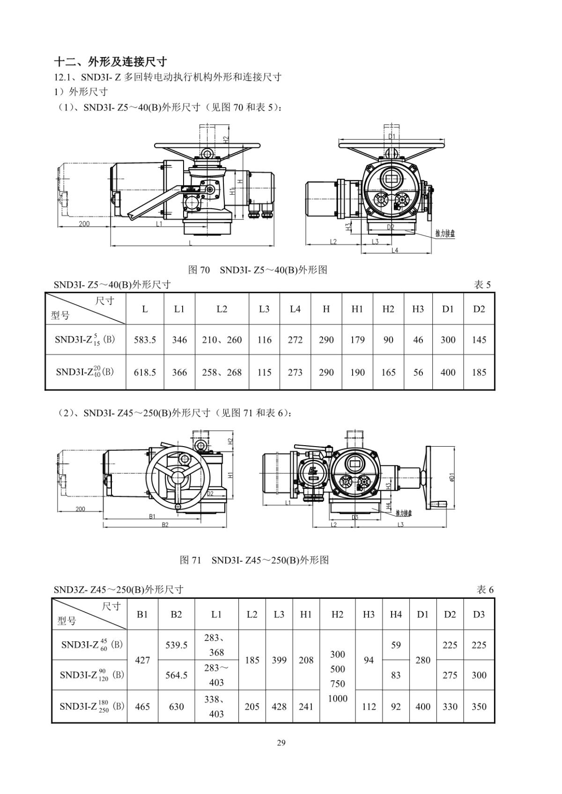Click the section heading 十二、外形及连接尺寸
tap(110, 62)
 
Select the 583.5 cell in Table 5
tap(145, 340)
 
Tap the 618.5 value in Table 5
tap(145, 373)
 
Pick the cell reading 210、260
tap(222, 340)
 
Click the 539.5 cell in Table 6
tap(176, 645)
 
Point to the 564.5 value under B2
tap(176, 675)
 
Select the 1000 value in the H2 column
tap(338, 698)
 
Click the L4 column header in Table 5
tap(295, 309)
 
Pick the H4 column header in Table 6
tap(396, 614)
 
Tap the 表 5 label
tap(482, 285)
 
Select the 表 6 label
tap(485, 589)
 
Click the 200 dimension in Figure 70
tap(84, 224)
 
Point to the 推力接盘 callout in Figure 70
tap(445, 233)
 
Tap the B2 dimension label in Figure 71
tap(165, 525)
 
